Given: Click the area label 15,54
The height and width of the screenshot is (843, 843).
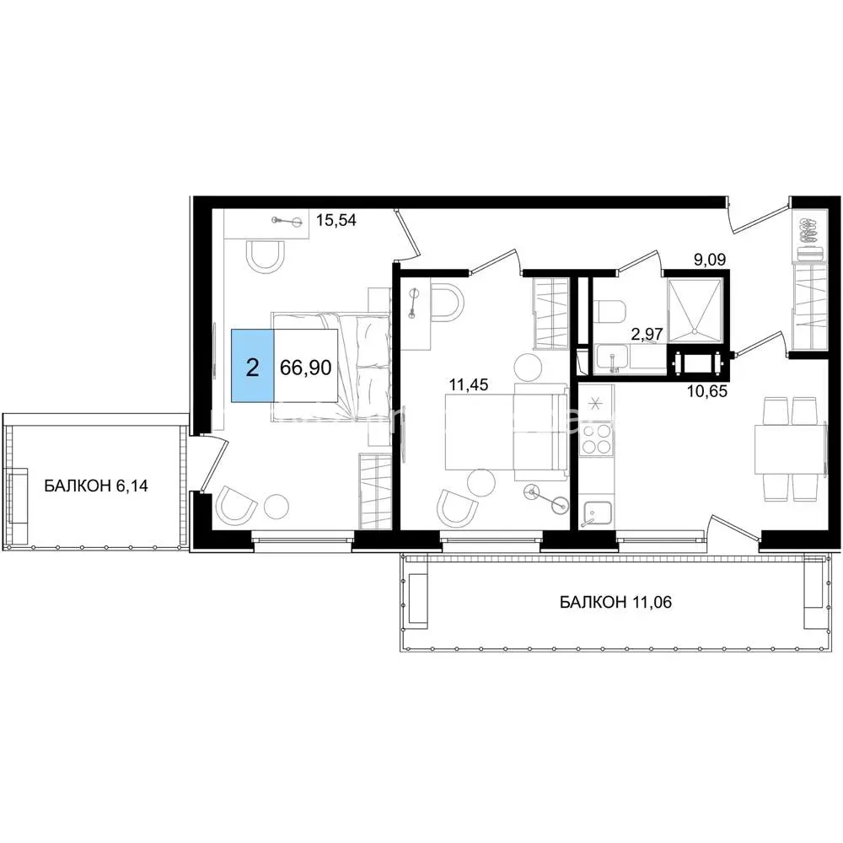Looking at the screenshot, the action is (336, 220).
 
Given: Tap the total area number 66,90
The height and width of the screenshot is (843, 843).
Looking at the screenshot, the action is (306, 368).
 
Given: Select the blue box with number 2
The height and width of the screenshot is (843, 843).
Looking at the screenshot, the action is (253, 366).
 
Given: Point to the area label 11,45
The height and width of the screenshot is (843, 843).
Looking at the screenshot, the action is (469, 384).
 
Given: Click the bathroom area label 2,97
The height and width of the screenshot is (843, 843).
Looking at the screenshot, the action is (647, 335).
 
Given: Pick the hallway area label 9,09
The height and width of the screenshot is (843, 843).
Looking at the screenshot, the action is (710, 260).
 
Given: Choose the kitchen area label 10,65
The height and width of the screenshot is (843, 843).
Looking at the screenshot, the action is (707, 391).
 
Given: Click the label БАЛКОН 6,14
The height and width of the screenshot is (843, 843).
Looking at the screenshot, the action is (96, 486).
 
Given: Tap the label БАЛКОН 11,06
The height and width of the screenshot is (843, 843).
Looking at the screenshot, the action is (615, 602).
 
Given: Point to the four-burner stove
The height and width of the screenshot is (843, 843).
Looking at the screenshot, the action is (598, 438).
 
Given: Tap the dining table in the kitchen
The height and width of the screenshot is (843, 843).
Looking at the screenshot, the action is (790, 449).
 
